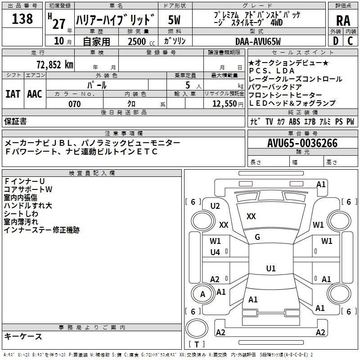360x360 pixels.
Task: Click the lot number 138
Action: (22, 19)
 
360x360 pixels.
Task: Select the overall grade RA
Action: (343, 21)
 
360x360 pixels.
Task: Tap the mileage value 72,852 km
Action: (55, 65)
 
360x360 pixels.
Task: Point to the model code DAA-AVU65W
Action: (258, 41)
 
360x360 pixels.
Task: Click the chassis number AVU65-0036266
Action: (302, 143)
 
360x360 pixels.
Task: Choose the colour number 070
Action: (75, 104)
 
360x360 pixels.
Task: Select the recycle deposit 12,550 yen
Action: (228, 104)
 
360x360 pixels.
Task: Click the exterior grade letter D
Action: (336, 41)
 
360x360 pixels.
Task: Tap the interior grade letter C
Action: (350, 41)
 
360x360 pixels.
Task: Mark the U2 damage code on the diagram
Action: (215, 206)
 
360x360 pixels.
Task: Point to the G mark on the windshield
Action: (257, 237)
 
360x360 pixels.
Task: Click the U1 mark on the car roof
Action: (271, 268)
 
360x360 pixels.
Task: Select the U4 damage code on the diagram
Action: (215, 252)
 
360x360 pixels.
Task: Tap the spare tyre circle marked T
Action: (197, 328)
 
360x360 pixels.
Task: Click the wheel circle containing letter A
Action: (202, 294)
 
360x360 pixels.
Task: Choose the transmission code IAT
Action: (13, 94)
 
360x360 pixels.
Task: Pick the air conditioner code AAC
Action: (35, 94)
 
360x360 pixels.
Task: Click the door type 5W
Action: (174, 20)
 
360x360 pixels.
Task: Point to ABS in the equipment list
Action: (294, 121)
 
